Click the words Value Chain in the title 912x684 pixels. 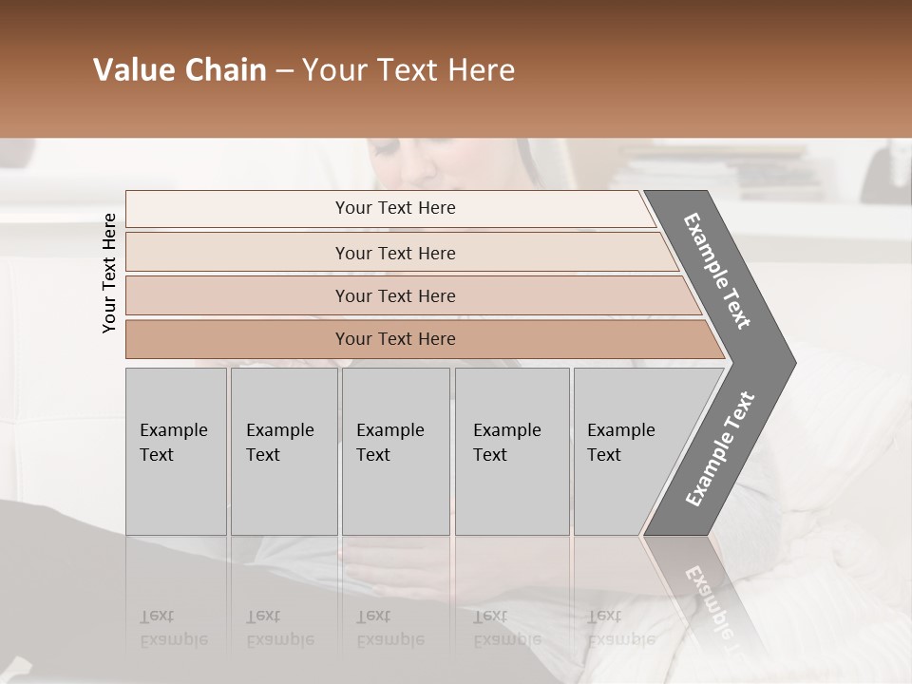(180, 70)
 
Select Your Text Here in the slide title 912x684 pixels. (408, 70)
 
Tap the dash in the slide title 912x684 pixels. (284, 71)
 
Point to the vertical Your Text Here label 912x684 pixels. (109, 273)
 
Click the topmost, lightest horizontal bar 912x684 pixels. (394, 208)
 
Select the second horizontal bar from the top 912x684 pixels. (394, 253)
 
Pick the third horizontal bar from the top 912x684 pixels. (394, 295)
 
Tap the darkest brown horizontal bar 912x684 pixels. (394, 339)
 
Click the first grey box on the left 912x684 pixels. (176, 451)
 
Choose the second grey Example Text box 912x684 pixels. (283, 451)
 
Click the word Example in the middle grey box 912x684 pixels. (389, 430)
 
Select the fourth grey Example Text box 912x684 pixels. (511, 451)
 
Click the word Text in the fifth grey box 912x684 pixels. (604, 455)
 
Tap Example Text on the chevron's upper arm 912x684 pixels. (718, 271)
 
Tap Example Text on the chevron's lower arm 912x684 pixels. (720, 448)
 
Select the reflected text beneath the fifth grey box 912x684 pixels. (606, 628)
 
